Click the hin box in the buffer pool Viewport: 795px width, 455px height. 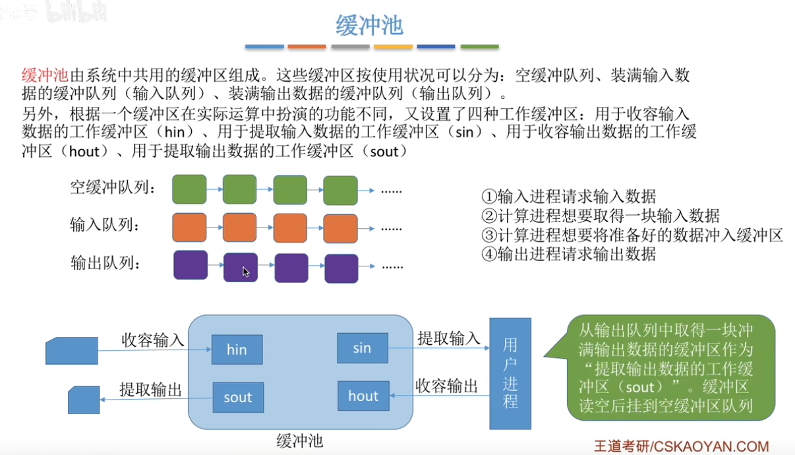237,349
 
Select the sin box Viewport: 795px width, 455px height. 362,348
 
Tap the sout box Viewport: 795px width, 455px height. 237,397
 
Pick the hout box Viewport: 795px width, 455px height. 363,396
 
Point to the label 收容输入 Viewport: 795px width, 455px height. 153,340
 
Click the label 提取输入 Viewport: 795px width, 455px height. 449,339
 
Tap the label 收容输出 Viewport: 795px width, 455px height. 446,387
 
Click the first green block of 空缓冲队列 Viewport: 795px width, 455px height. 189,189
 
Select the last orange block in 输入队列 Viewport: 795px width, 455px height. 340,228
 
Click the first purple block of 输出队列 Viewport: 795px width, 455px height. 191,265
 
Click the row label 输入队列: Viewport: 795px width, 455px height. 105,226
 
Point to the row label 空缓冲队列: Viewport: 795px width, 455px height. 113,189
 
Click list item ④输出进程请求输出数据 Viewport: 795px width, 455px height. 569,254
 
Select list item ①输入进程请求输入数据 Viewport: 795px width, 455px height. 569,196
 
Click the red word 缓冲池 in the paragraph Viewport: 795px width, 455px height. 45,75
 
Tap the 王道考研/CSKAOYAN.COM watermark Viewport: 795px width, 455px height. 681,446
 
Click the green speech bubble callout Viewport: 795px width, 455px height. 670,368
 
